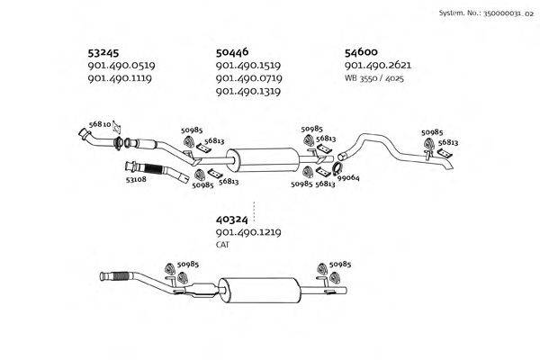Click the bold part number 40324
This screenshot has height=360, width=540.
232,219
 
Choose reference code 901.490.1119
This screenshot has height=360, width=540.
120,78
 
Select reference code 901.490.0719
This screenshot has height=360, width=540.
248,78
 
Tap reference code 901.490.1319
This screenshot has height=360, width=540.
248,92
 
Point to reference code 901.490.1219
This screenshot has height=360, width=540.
248,232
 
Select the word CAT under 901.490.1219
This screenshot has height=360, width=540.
222,245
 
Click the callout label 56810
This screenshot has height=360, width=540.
100,123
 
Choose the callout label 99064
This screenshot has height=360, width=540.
348,178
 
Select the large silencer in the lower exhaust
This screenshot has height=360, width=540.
262,291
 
